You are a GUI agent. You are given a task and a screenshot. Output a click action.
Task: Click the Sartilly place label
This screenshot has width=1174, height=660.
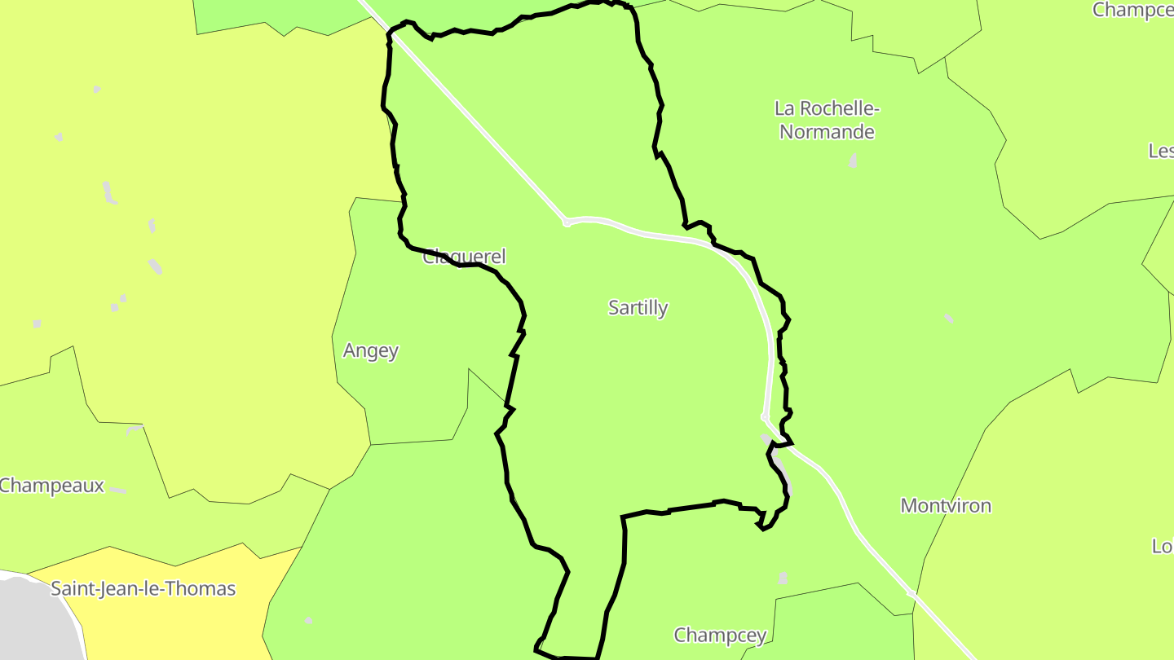click(638, 308)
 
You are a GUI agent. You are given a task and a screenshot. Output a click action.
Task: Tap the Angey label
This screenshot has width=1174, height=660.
click(371, 350)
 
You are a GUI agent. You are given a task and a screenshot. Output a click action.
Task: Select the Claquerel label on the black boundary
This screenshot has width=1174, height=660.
click(464, 257)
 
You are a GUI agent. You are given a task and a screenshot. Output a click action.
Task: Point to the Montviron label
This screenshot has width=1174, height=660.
click(946, 505)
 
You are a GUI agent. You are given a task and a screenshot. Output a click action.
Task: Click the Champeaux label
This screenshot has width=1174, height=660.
click(52, 486)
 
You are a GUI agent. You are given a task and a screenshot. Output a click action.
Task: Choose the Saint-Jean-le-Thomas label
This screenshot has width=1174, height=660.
click(143, 588)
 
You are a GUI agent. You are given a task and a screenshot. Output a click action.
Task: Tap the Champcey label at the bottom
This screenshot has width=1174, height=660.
click(720, 635)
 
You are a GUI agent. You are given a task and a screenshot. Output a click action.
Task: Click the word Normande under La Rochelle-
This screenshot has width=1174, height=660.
click(827, 132)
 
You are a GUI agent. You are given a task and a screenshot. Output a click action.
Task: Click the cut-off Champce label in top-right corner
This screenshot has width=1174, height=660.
click(1132, 10)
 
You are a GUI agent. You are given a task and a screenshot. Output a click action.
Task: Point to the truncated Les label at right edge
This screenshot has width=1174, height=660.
click(1161, 151)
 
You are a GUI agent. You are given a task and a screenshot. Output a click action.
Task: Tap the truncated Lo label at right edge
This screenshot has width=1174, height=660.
click(1163, 546)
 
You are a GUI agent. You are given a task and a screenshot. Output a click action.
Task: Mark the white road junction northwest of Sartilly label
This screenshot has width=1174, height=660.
click(566, 222)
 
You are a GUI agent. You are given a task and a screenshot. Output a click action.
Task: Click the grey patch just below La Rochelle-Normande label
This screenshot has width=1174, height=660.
click(853, 160)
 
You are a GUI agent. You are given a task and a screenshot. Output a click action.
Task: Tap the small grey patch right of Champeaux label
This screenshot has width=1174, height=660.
click(118, 491)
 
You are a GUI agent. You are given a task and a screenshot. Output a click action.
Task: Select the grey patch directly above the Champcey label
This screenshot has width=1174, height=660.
click(783, 579)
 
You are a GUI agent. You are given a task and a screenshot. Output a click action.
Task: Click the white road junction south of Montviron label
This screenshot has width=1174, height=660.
click(911, 594)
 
